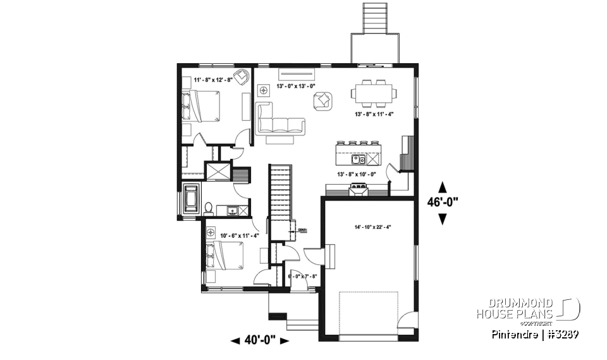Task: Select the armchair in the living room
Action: [x=323, y=100]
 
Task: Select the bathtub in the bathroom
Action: [x=191, y=199]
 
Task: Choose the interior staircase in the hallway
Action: [x=279, y=190]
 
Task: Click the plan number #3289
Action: [x=564, y=333]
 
